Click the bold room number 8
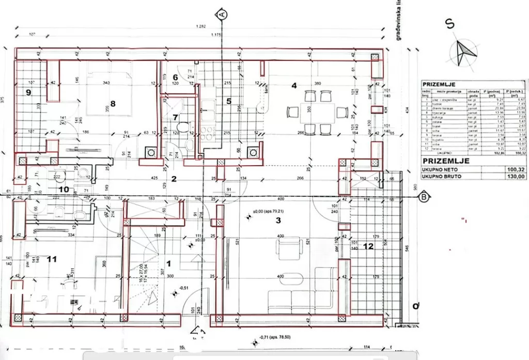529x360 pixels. point(113,103)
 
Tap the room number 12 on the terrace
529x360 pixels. point(367,246)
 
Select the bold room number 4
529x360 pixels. point(294,86)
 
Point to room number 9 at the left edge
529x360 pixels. point(28,92)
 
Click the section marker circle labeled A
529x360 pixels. point(222,14)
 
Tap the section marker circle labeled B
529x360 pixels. point(424,196)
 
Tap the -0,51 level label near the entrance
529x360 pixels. point(183,288)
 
